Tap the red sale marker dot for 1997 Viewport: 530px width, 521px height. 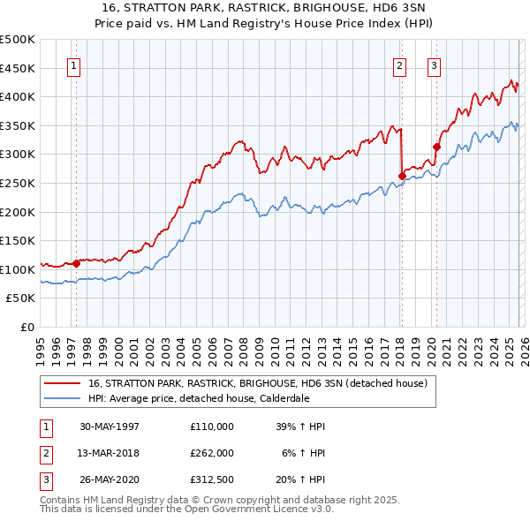pos(77,262)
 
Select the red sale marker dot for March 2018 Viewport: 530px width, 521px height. pos(402,176)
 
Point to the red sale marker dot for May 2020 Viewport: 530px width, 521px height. pos(436,147)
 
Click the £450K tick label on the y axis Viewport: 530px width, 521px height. pos(18,68)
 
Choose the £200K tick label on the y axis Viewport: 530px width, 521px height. pos(18,212)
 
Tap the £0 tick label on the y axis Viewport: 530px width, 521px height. pos(26,327)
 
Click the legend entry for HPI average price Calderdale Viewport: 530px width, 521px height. pos(198,397)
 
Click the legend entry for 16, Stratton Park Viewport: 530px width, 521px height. pos(257,383)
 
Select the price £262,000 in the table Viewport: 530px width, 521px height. pos(211,454)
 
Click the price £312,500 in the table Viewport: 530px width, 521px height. pos(211,481)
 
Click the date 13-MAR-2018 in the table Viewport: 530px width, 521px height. pos(110,454)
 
